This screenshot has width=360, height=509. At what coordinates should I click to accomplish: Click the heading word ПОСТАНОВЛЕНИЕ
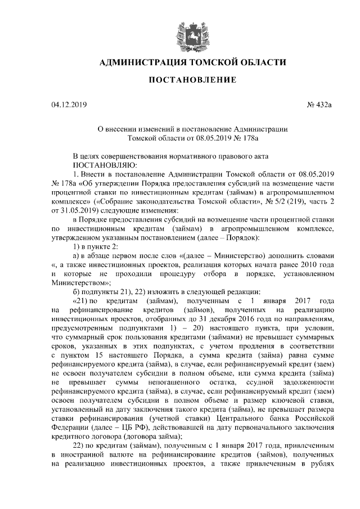(192, 80)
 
